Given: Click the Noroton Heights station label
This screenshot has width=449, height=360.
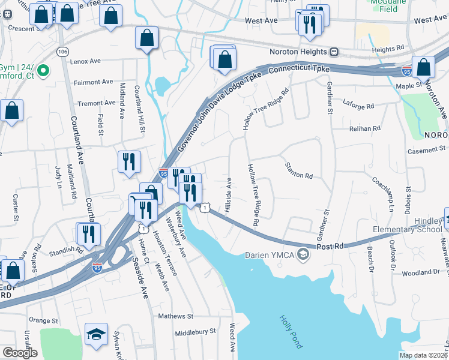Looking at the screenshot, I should point(298,52).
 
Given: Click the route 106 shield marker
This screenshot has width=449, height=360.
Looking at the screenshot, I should point(62,52).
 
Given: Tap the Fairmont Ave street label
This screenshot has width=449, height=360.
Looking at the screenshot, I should point(93,82).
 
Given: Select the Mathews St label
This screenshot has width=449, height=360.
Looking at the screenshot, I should point(175,316).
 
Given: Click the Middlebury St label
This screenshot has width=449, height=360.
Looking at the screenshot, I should point(195,332).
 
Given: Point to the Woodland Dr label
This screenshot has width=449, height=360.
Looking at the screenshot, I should point(420,272).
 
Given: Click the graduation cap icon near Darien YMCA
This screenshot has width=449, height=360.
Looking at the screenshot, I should point(304,254).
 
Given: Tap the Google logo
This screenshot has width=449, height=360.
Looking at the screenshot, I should point(20,353).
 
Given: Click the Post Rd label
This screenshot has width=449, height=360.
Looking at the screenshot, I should point(330,246).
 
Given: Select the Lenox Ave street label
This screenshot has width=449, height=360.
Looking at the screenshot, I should point(85,61).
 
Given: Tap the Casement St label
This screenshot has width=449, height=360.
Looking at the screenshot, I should point(429,148).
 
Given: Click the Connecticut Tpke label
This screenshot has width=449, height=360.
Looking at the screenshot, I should point(299,70).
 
